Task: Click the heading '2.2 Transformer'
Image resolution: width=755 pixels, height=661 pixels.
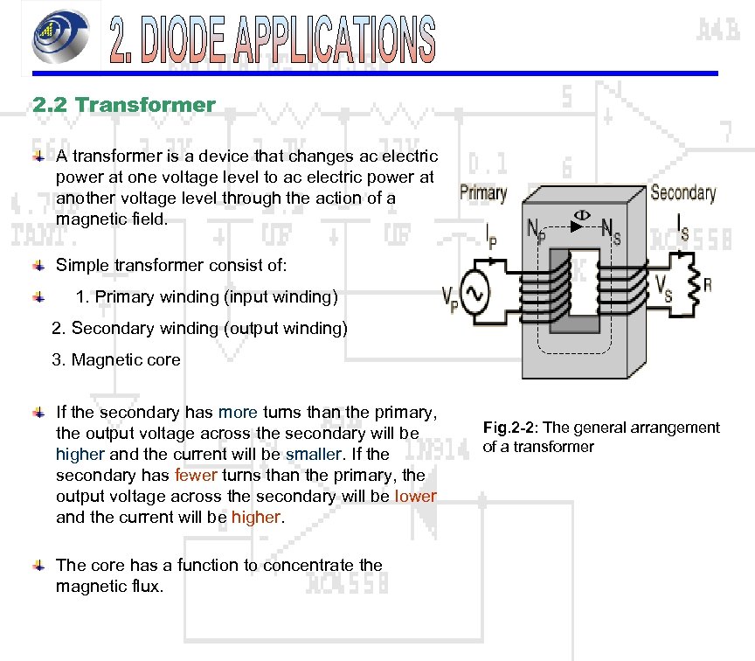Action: click(123, 105)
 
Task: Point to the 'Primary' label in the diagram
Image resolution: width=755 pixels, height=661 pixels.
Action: click(482, 192)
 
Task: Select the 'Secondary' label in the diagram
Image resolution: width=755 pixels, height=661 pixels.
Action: click(683, 192)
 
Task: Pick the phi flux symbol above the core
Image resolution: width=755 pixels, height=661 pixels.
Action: click(579, 216)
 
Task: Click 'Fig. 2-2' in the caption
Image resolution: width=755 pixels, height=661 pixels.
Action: click(509, 428)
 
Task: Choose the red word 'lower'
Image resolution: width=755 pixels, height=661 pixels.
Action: click(415, 496)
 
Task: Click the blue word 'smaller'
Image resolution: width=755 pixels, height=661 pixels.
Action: click(312, 454)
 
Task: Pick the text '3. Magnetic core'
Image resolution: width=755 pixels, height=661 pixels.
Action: click(116, 359)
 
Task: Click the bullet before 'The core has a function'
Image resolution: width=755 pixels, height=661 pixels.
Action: click(38, 566)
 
